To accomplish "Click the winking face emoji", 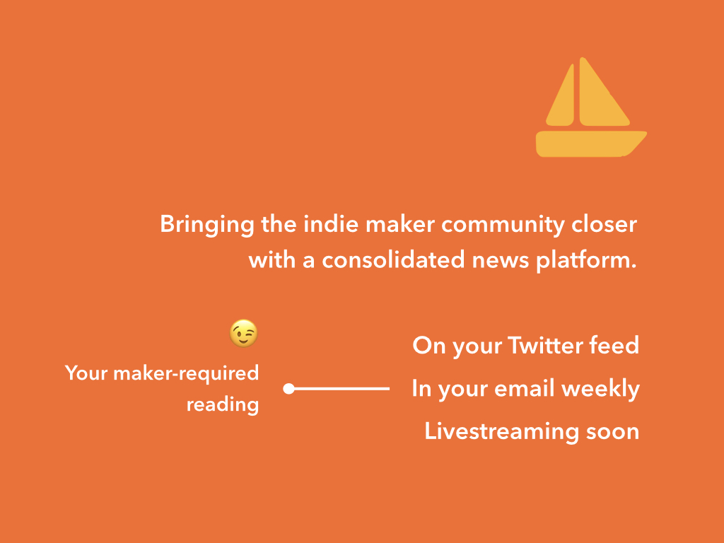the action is (x=243, y=333).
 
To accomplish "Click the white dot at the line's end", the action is (x=288, y=389).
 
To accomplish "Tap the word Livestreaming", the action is (x=501, y=432).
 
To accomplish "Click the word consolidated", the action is (x=393, y=260).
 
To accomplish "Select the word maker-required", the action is (x=186, y=373).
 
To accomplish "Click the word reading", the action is (x=223, y=405).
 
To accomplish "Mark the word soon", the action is (x=613, y=432).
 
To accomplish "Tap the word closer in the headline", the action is (x=605, y=224).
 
